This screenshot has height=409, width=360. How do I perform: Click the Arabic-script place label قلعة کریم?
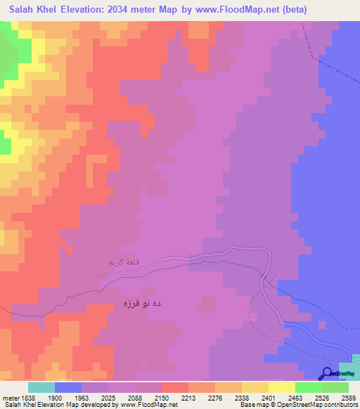pyautogui.click(x=124, y=263)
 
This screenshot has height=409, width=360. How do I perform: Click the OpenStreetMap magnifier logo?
pyautogui.click(x=326, y=373)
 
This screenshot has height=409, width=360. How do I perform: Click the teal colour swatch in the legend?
pyautogui.click(x=41, y=387)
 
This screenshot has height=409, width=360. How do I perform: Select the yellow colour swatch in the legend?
pyautogui.click(x=255, y=387)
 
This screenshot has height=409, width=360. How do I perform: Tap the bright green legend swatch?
pyautogui.click(x=308, y=387)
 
